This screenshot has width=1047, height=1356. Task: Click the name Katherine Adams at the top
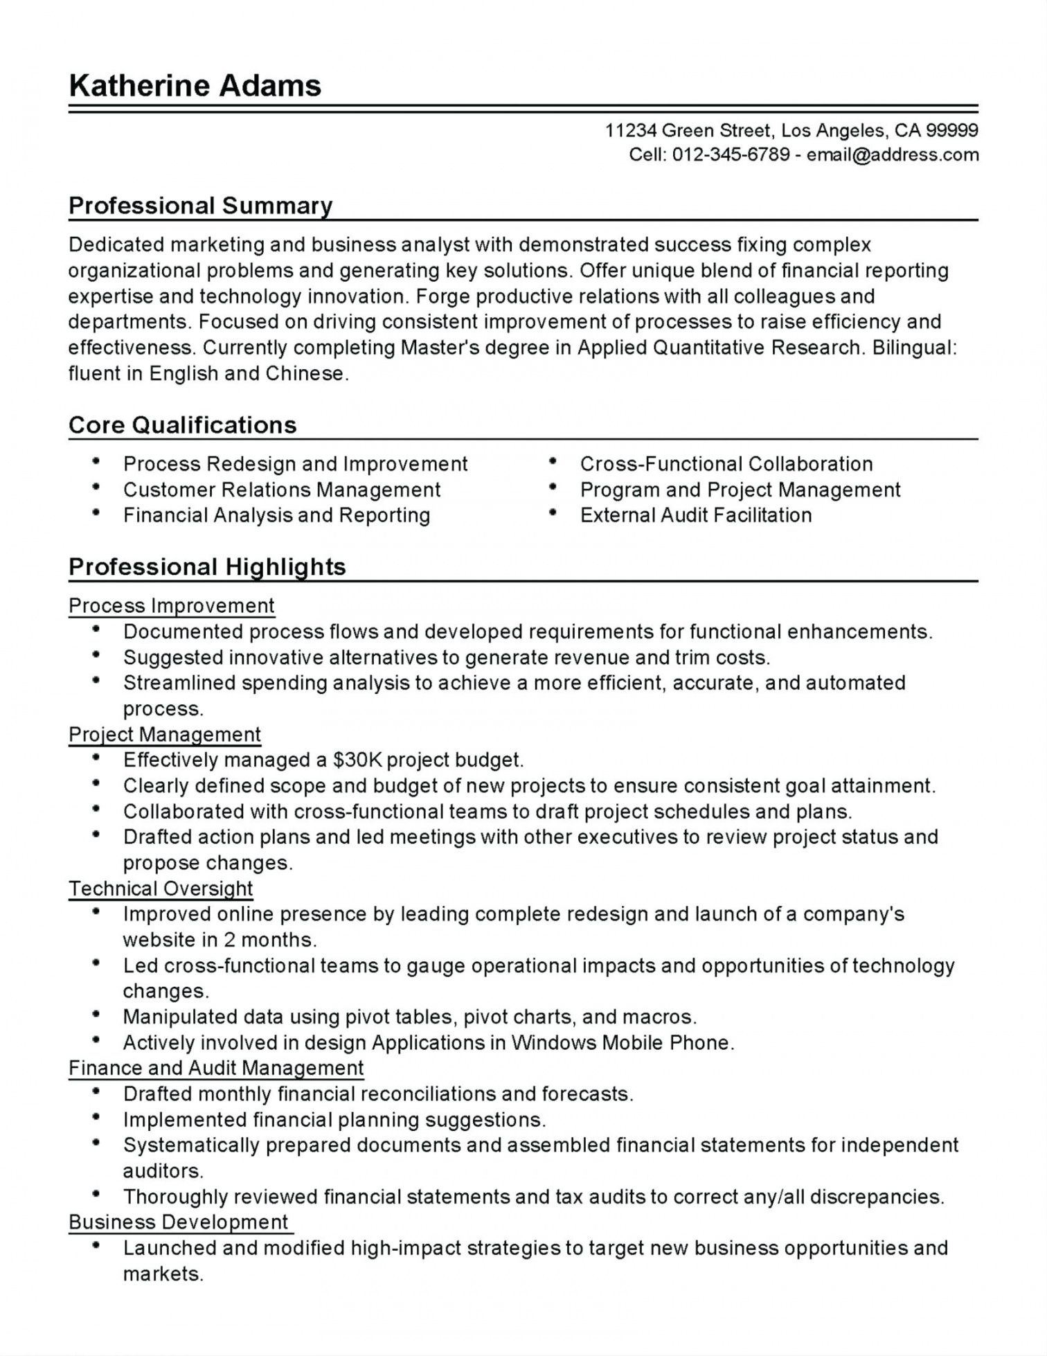pyautogui.click(x=195, y=86)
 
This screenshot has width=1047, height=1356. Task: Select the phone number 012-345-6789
pyautogui.click(x=731, y=154)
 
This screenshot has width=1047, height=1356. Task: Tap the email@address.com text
pyautogui.click(x=893, y=154)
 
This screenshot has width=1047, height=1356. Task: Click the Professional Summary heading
pyautogui.click(x=200, y=206)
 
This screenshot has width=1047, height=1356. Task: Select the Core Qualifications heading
pyautogui.click(x=182, y=425)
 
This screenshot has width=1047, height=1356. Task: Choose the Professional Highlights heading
pyautogui.click(x=207, y=567)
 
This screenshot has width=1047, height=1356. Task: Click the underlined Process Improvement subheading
pyautogui.click(x=172, y=605)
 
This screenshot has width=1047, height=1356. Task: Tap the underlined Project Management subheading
pyautogui.click(x=165, y=734)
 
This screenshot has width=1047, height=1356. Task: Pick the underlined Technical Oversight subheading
pyautogui.click(x=161, y=888)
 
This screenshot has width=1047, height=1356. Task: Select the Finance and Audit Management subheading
pyautogui.click(x=216, y=1068)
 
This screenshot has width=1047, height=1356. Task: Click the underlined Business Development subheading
pyautogui.click(x=179, y=1222)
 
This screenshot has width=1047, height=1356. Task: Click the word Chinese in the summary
pyautogui.click(x=305, y=373)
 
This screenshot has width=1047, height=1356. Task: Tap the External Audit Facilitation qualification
pyautogui.click(x=696, y=515)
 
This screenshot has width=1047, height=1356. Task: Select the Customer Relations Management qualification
pyautogui.click(x=282, y=490)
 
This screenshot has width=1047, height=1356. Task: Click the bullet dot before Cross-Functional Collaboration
pyautogui.click(x=553, y=461)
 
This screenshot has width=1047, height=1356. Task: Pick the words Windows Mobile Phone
pyautogui.click(x=621, y=1042)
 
